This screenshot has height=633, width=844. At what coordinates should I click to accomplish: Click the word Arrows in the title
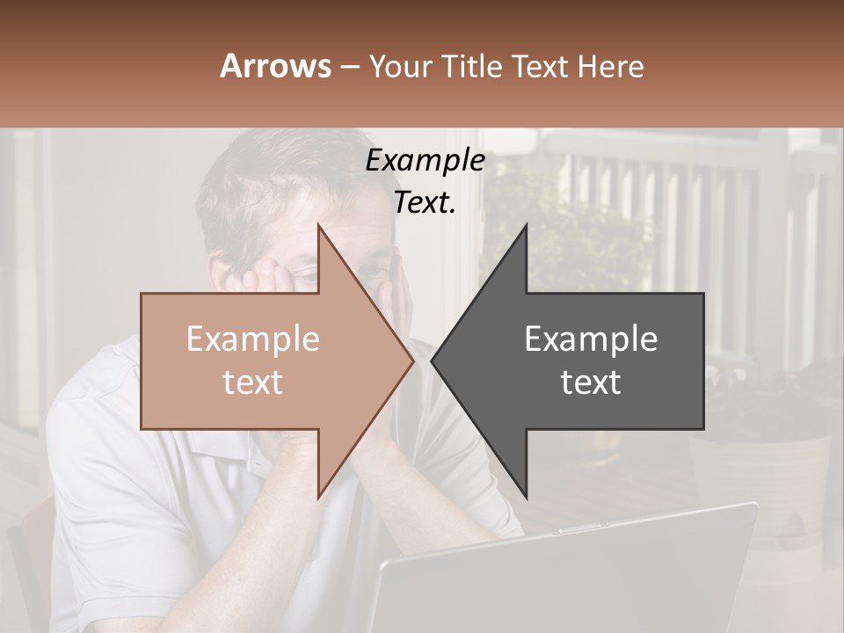click(276, 66)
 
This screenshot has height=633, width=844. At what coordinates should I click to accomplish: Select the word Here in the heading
click(611, 66)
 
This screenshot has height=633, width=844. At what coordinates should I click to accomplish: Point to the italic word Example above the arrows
click(425, 161)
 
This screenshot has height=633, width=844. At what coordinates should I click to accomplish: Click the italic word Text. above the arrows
click(425, 203)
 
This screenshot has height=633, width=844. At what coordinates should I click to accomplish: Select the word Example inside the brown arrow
click(253, 339)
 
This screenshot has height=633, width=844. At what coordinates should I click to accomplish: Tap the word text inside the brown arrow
click(253, 382)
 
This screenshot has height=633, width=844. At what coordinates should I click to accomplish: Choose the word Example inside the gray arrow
click(591, 339)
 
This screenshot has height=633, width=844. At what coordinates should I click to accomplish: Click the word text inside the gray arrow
click(591, 382)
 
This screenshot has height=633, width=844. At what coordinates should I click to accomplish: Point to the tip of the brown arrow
click(412, 361)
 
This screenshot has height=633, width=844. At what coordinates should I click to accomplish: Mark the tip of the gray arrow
click(432, 361)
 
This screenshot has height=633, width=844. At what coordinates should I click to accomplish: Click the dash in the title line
click(349, 67)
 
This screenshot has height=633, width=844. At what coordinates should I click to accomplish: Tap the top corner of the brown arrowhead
click(318, 225)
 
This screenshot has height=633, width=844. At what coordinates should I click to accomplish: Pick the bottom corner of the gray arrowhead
click(527, 498)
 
